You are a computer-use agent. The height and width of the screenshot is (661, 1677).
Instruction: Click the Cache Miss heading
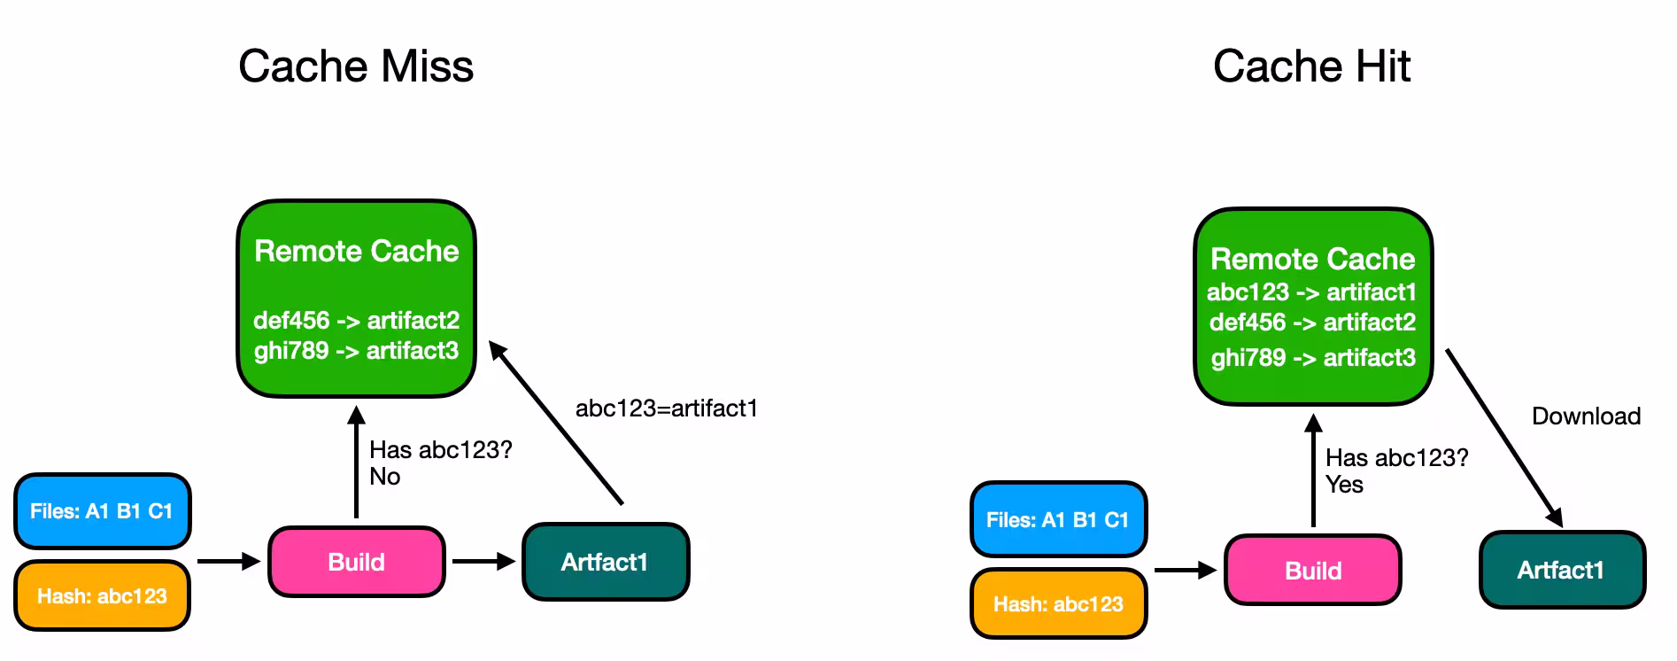pyautogui.click(x=356, y=66)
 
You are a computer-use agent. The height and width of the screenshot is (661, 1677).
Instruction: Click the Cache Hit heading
pyautogui.click(x=1311, y=66)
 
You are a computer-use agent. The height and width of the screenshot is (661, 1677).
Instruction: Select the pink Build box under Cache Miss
pyautogui.click(x=357, y=562)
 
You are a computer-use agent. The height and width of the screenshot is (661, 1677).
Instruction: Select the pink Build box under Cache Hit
pyautogui.click(x=1313, y=571)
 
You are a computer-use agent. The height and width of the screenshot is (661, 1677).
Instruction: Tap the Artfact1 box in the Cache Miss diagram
pyautogui.click(x=605, y=562)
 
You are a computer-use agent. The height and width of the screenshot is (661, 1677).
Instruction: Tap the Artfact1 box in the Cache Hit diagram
pyautogui.click(x=1561, y=570)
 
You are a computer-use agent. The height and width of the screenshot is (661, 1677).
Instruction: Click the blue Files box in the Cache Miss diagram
pyautogui.click(x=102, y=511)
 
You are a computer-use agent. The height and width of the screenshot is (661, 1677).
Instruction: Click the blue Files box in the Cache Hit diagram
pyautogui.click(x=1058, y=520)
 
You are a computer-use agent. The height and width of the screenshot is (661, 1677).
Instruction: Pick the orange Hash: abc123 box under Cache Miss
pyautogui.click(x=102, y=595)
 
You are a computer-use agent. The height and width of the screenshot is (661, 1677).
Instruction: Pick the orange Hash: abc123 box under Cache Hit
pyautogui.click(x=1058, y=604)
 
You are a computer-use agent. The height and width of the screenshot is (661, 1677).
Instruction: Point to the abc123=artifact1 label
pyautogui.click(x=667, y=408)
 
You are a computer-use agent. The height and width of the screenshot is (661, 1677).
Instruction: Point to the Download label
pyautogui.click(x=1586, y=416)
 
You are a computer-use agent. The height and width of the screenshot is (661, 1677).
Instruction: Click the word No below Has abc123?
pyautogui.click(x=385, y=477)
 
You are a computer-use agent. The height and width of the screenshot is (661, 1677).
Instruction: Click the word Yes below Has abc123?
pyautogui.click(x=1344, y=485)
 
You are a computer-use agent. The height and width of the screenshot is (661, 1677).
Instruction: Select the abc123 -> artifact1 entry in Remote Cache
pyautogui.click(x=1311, y=292)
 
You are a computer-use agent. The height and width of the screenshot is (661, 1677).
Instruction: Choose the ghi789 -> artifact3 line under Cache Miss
pyautogui.click(x=356, y=351)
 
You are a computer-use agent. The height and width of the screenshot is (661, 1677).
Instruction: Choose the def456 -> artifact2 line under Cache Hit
pyautogui.click(x=1312, y=323)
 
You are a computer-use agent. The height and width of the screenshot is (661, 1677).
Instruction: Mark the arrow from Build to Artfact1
pyautogui.click(x=483, y=561)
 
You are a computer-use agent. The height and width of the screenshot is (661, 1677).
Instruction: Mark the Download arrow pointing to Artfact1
pyautogui.click(x=1503, y=438)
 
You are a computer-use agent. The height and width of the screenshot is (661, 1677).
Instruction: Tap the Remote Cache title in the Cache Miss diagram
pyautogui.click(x=356, y=252)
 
